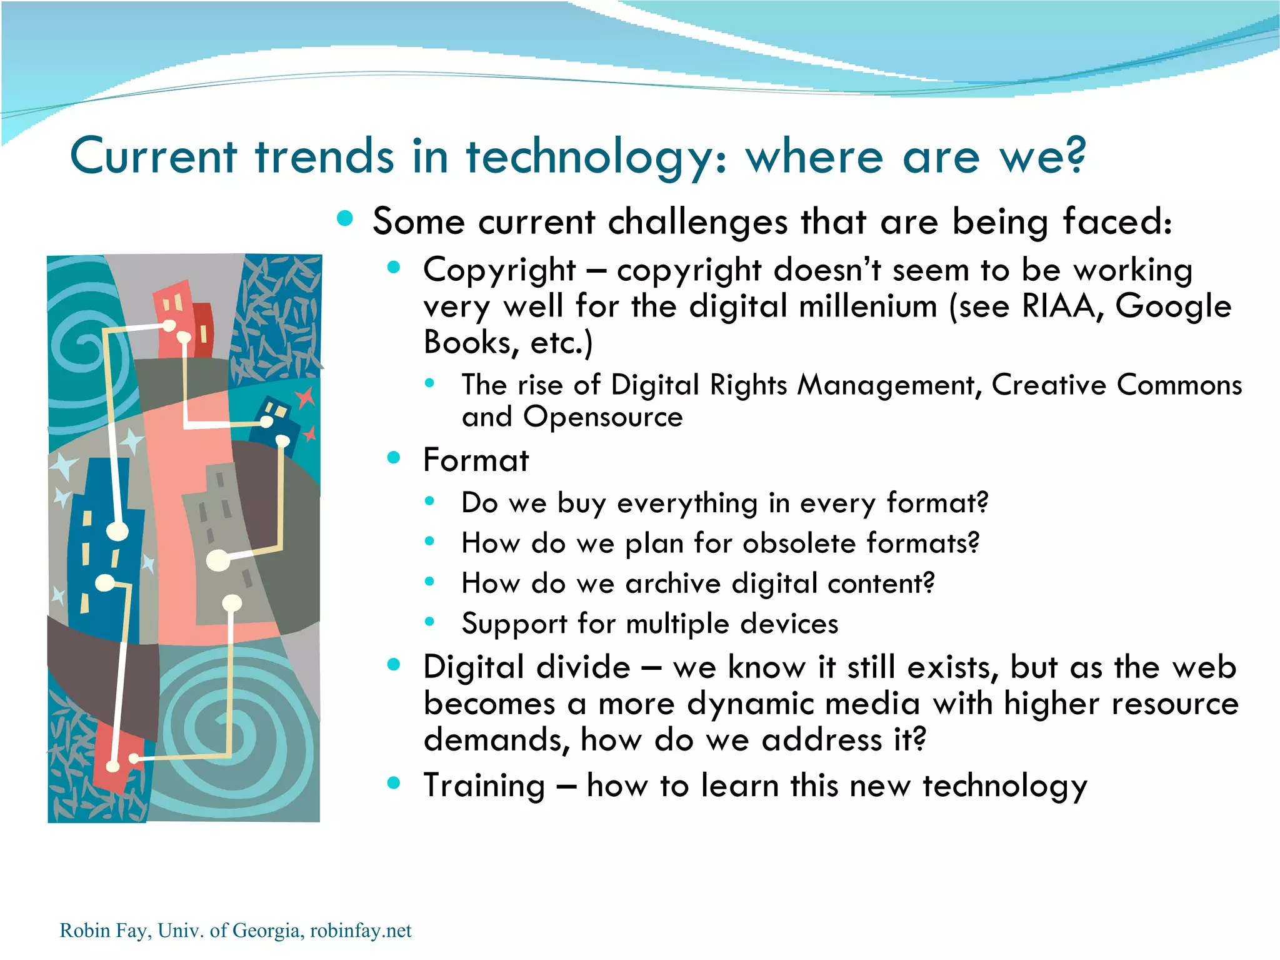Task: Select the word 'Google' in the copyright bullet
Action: pos(1173,306)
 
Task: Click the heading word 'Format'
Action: pos(476,460)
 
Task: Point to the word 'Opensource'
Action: pos(603,417)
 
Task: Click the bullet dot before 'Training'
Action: pos(393,782)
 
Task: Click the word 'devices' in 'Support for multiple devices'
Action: pos(789,624)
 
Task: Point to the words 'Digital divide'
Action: pos(526,667)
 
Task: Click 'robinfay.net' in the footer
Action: pos(361,931)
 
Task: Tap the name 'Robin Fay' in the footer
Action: pos(103,931)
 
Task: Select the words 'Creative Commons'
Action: pos(1116,385)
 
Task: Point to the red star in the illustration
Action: pos(305,397)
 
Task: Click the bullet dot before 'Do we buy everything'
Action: pos(429,500)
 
